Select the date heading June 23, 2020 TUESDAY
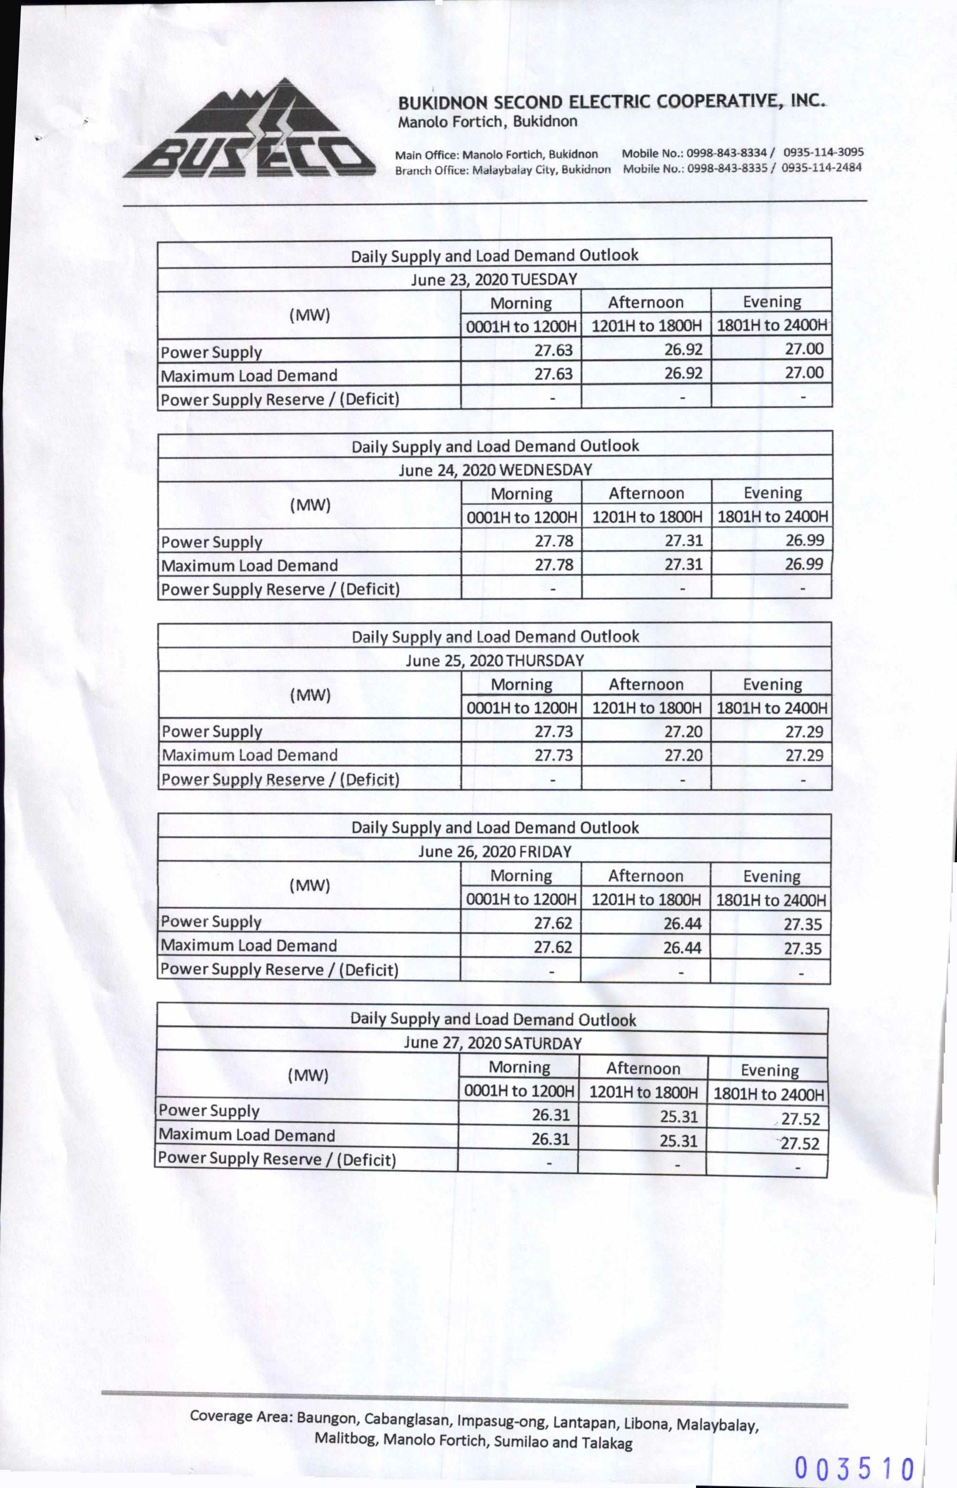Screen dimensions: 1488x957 click(494, 279)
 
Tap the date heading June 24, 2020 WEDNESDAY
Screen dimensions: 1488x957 click(495, 470)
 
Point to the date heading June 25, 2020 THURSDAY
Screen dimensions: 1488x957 click(495, 661)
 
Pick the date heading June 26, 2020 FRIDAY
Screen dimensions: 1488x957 click(495, 851)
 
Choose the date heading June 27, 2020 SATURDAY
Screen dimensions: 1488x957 click(492, 1043)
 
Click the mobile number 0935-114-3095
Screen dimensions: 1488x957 click(823, 152)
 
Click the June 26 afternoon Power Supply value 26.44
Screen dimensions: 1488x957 click(682, 924)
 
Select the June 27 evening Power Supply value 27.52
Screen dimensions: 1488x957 click(801, 1119)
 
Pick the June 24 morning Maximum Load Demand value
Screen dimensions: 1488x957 click(554, 565)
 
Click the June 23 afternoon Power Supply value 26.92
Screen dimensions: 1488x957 click(683, 350)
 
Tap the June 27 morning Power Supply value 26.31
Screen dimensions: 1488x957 click(551, 1115)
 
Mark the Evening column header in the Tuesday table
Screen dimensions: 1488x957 click(772, 302)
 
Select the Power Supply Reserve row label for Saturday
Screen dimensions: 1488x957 click(277, 1159)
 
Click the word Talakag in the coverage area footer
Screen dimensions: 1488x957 click(606, 1443)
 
